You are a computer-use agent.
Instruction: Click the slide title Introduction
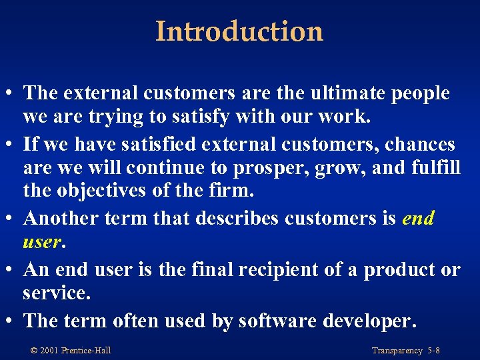(239, 31)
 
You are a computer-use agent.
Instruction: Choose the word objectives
(100, 191)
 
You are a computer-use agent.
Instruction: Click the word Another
(62, 219)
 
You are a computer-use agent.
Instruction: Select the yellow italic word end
(419, 219)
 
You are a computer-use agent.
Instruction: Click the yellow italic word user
(42, 241)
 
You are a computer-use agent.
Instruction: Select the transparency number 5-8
(433, 350)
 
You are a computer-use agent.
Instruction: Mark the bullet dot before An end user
(13, 269)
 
